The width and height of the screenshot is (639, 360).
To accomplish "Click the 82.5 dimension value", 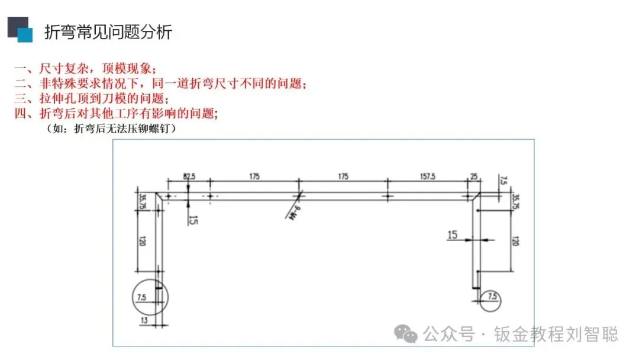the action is pyautogui.click(x=189, y=176).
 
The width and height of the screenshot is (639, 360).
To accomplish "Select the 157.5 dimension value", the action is pyautogui.click(x=426, y=176).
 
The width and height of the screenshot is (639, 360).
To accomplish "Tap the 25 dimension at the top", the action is pyautogui.click(x=473, y=176).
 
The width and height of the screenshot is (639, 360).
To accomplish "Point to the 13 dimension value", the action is pyautogui.click(x=144, y=320).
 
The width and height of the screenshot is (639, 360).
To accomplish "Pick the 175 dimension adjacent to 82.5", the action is pyautogui.click(x=254, y=176).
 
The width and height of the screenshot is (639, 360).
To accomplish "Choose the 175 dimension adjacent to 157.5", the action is pyautogui.click(x=343, y=176).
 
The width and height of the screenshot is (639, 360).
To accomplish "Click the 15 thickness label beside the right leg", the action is pyautogui.click(x=453, y=235).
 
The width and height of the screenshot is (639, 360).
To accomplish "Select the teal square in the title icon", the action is pyautogui.click(x=25, y=35).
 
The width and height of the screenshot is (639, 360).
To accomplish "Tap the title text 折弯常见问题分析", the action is pyautogui.click(x=108, y=32).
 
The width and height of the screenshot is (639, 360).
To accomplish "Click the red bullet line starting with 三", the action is pyautogui.click(x=92, y=98).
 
